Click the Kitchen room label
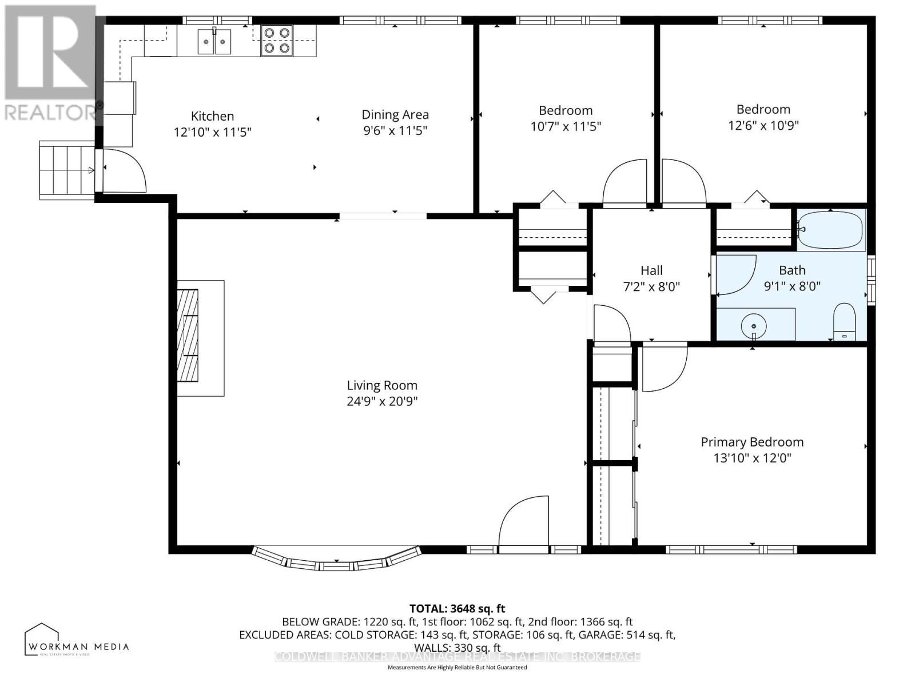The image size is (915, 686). pyautogui.click(x=212, y=116)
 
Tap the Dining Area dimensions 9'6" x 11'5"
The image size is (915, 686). pyautogui.click(x=395, y=130)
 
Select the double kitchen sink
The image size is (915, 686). pyautogui.click(x=214, y=41)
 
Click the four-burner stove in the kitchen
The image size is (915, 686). pyautogui.click(x=277, y=41)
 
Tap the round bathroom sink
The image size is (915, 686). pyautogui.click(x=754, y=326)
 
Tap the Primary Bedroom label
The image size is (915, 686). pyautogui.click(x=752, y=442)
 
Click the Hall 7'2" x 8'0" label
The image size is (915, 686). pyautogui.click(x=651, y=278)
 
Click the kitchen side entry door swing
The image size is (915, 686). pyautogui.click(x=123, y=170)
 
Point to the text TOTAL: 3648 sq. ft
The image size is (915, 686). pyautogui.click(x=457, y=609)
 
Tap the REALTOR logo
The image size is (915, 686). pyautogui.click(x=50, y=63)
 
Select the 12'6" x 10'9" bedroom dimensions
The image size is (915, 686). pyautogui.click(x=763, y=125)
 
